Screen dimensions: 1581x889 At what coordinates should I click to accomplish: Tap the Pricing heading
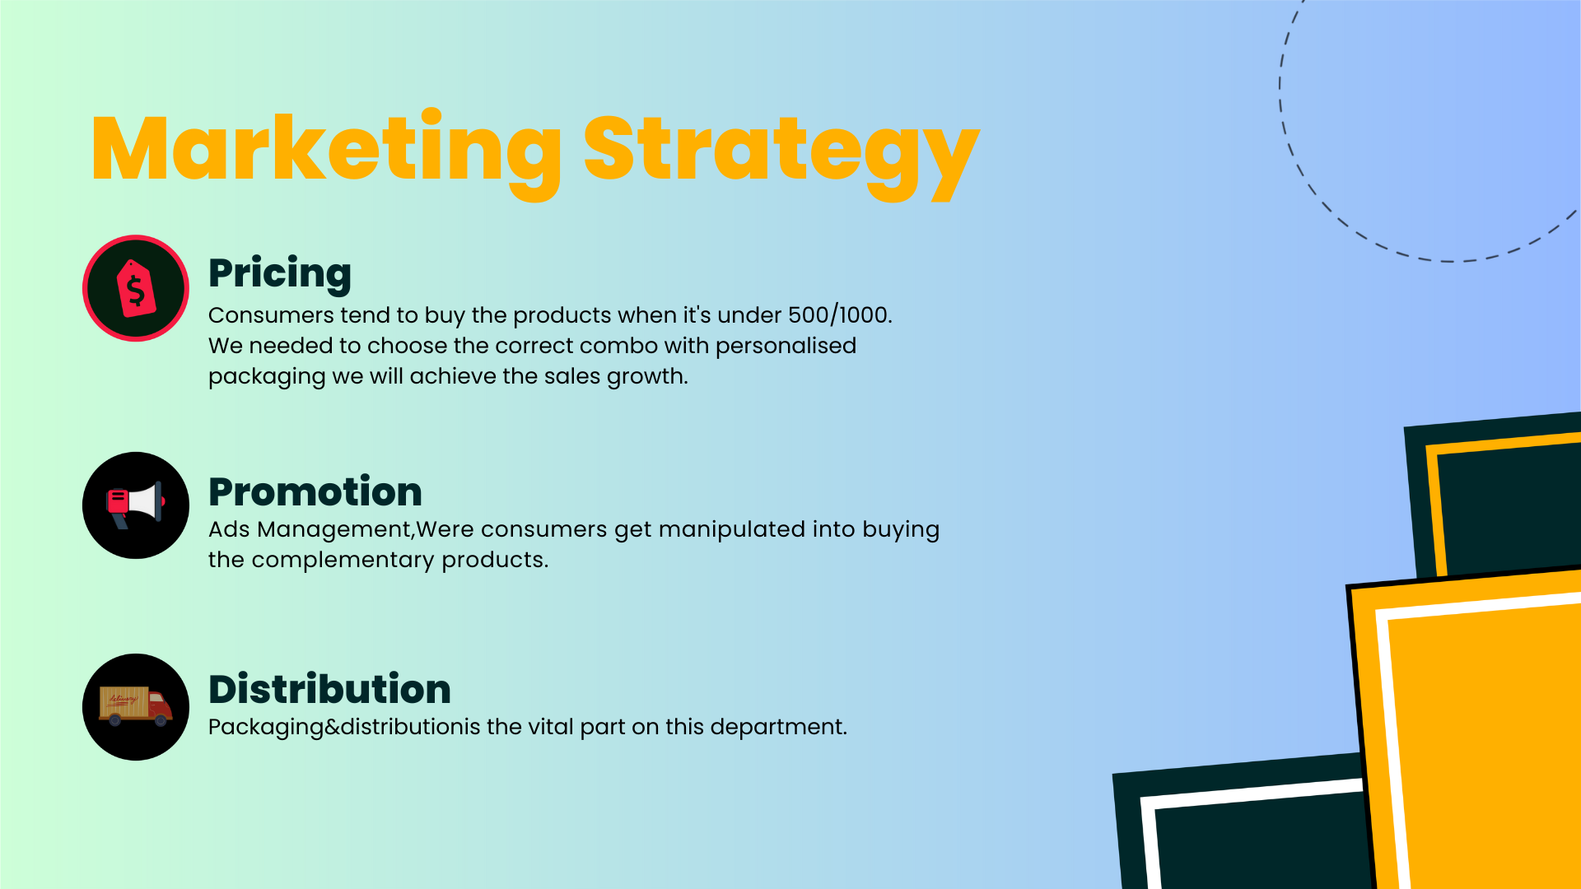(x=280, y=274)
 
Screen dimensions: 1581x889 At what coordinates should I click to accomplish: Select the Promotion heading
(x=315, y=491)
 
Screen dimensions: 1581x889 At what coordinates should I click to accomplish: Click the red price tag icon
(x=136, y=288)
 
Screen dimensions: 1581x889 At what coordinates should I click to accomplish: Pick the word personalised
(x=786, y=347)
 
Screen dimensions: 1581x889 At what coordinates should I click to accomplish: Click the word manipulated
(x=732, y=530)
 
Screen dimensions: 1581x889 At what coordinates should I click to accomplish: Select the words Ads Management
(x=310, y=530)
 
